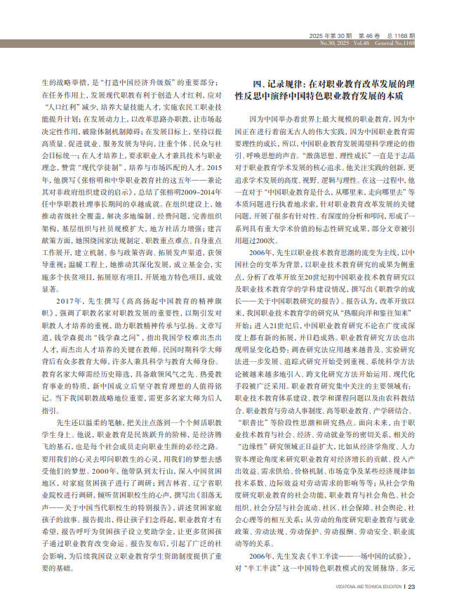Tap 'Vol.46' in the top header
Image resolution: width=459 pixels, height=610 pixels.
(366, 42)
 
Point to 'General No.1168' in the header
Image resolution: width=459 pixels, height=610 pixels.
(397, 42)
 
